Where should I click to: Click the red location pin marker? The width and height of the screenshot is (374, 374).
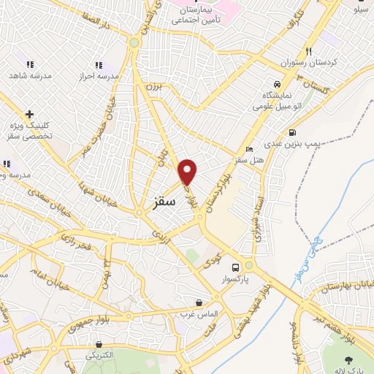(x=188, y=171)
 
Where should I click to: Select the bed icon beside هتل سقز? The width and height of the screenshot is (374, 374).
(x=250, y=148)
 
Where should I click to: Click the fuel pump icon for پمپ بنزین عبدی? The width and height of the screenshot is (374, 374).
(x=292, y=133)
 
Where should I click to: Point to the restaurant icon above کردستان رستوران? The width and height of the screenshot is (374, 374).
(x=308, y=52)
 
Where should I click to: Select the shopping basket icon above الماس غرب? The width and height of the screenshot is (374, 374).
(x=199, y=302)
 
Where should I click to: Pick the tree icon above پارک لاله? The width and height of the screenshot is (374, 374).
(x=348, y=359)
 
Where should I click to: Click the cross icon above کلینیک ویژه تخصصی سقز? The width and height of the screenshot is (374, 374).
(x=29, y=114)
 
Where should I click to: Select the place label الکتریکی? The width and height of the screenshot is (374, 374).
(x=99, y=356)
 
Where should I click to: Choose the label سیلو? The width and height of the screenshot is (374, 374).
(x=360, y=10)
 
